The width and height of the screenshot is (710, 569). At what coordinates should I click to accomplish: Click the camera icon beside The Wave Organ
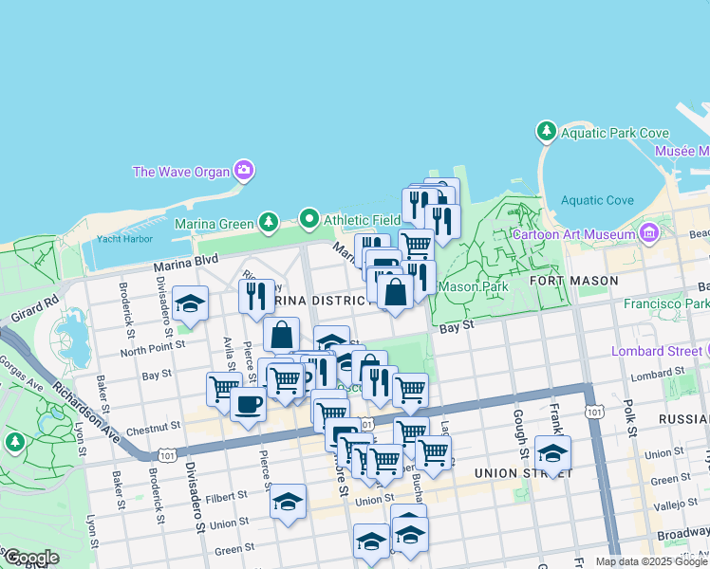point(244,171)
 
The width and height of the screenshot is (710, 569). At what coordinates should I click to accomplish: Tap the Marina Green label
point(215,224)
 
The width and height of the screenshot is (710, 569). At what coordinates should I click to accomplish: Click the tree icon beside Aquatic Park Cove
point(546,130)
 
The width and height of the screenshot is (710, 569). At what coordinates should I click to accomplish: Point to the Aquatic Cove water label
point(597,200)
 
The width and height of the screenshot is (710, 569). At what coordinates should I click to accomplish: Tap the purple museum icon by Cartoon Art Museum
point(649,231)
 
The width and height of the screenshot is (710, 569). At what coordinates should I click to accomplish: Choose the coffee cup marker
point(249,402)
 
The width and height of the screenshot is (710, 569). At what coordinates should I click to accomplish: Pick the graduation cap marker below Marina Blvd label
point(191,303)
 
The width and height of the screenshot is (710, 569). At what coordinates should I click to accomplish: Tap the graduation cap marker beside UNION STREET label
point(552,452)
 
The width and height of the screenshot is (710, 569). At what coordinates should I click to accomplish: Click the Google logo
point(31,557)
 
